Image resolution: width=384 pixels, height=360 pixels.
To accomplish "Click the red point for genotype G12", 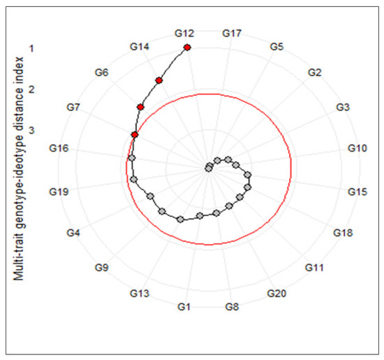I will click(x=187, y=47).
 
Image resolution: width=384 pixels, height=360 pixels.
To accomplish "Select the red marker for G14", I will click(x=159, y=81).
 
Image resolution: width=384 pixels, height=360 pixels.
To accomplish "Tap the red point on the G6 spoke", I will click(x=141, y=107).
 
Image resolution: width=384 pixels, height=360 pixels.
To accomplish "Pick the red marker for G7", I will click(x=135, y=134).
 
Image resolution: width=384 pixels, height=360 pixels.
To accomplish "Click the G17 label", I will click(x=232, y=33).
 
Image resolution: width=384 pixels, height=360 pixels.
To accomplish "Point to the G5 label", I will click(x=276, y=47).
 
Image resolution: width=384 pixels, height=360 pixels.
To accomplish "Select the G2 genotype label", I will click(x=314, y=73).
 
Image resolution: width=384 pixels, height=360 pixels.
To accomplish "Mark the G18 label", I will click(x=343, y=232).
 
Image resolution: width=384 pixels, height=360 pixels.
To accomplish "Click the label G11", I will click(x=316, y=268).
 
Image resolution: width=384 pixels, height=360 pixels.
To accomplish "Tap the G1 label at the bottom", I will click(x=184, y=307).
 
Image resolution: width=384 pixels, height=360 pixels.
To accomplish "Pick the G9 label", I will click(x=102, y=268).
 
